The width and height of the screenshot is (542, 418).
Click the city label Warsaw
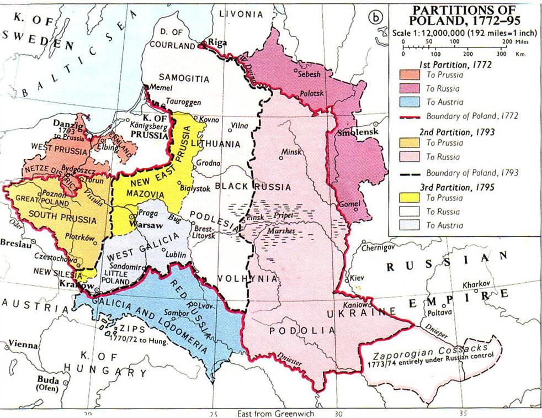pyautogui.click(x=141, y=226)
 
